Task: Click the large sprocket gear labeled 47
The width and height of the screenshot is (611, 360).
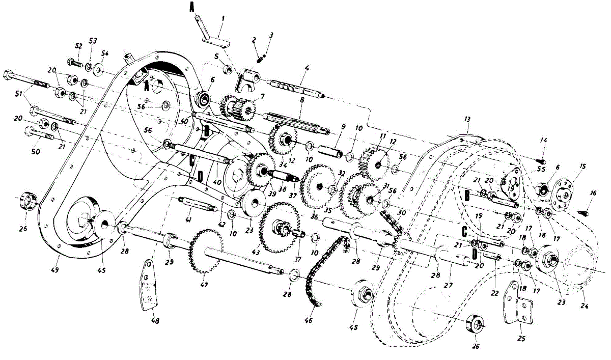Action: tap(204, 252)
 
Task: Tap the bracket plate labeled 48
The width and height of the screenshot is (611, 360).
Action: tap(148, 285)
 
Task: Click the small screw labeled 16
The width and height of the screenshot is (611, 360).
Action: tap(584, 208)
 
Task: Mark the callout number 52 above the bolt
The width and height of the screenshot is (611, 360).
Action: tap(78, 46)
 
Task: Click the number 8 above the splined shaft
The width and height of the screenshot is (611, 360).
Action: tap(302, 101)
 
